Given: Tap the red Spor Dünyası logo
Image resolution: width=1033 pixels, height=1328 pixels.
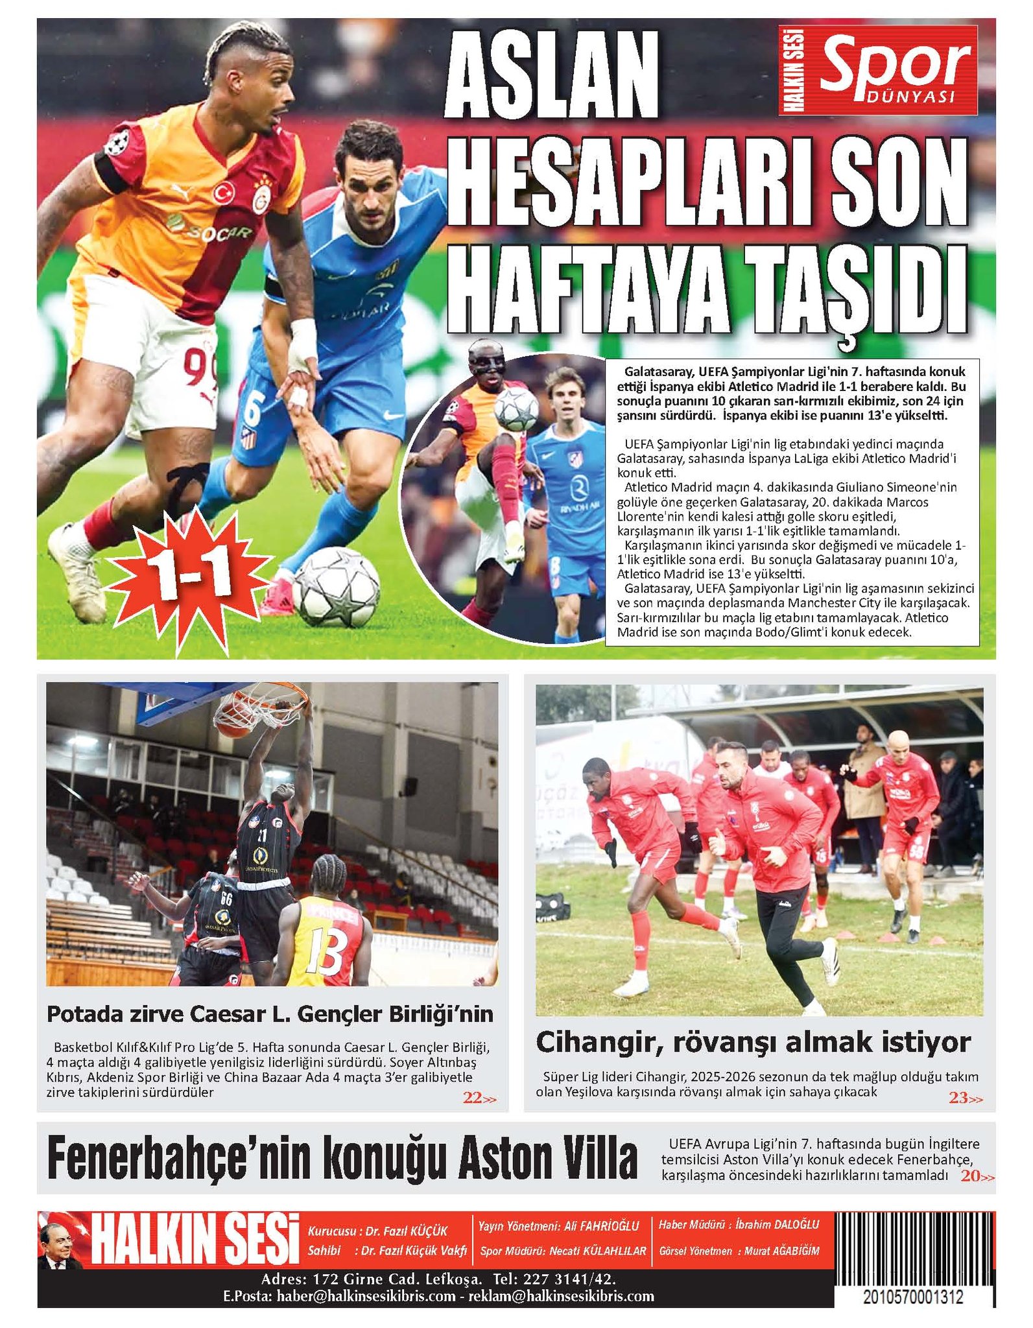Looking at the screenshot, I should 878,70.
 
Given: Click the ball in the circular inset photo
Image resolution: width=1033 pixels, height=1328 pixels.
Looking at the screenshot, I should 516,410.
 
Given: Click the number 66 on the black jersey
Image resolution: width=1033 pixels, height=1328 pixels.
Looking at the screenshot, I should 226,899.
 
